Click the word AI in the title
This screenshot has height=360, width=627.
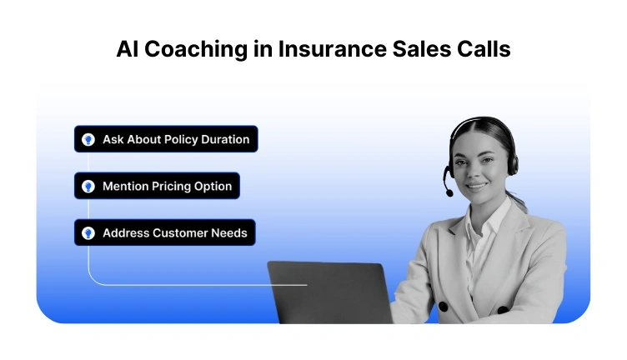tap(129, 50)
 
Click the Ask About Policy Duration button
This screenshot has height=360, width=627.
tap(166, 139)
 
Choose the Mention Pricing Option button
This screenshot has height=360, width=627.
tap(157, 186)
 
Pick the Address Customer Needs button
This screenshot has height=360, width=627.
tap(164, 232)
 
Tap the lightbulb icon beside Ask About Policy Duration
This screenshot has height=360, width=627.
tap(88, 139)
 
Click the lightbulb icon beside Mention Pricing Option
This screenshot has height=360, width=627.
tap(88, 186)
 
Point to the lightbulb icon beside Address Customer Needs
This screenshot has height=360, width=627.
tap(88, 232)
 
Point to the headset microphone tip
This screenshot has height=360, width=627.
tap(449, 192)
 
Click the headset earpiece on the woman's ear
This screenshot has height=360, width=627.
tap(511, 160)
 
